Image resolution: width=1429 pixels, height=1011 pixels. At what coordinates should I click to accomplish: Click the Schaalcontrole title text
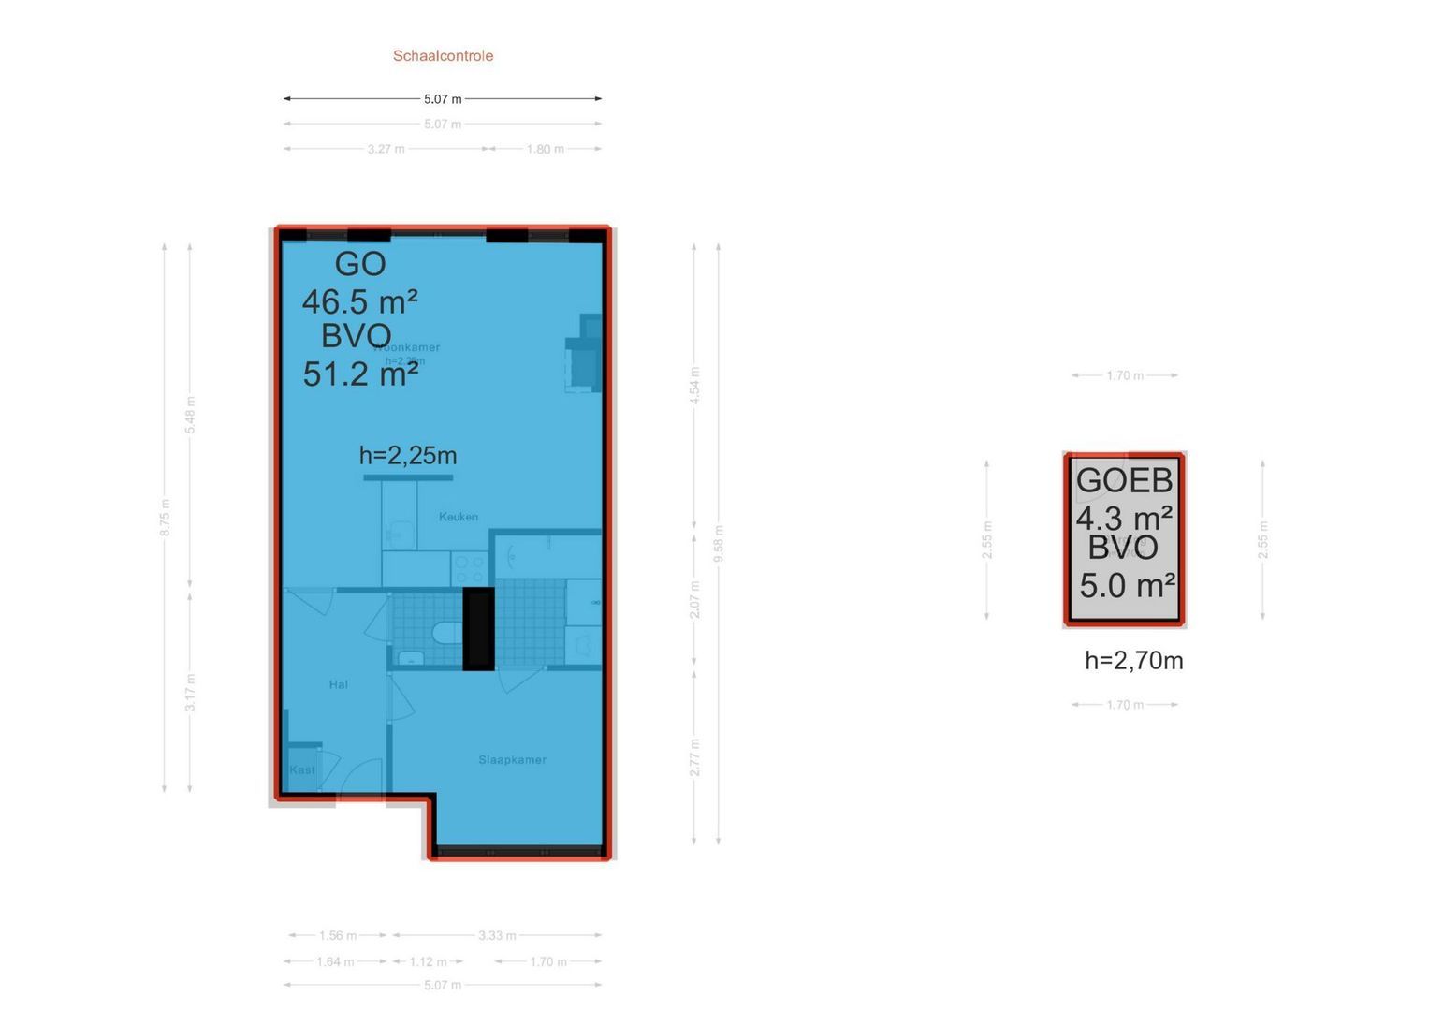pyautogui.click(x=443, y=56)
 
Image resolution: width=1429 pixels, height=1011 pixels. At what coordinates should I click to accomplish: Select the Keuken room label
pyautogui.click(x=458, y=517)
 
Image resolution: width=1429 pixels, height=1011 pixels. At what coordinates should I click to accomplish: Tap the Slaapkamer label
pyautogui.click(x=512, y=760)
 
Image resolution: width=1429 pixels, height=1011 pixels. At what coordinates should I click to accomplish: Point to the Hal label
pyautogui.click(x=339, y=684)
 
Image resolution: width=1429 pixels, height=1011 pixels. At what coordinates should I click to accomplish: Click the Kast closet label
pyautogui.click(x=302, y=770)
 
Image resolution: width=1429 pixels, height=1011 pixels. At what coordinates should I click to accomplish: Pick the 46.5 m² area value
pyautogui.click(x=359, y=301)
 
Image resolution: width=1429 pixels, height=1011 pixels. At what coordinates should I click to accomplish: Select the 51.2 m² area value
pyautogui.click(x=359, y=374)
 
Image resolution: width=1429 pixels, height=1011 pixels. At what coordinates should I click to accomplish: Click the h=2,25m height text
pyautogui.click(x=408, y=456)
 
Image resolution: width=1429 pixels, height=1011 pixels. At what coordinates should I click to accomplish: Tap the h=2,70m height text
pyautogui.click(x=1133, y=661)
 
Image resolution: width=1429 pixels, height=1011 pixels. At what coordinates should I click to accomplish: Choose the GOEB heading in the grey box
pyautogui.click(x=1124, y=481)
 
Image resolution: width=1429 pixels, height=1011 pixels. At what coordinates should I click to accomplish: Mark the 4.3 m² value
pyautogui.click(x=1124, y=518)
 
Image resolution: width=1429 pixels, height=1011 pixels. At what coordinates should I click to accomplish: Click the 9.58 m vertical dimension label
pyautogui.click(x=719, y=544)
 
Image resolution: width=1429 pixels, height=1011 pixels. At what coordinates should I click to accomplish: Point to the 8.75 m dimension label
pyautogui.click(x=165, y=518)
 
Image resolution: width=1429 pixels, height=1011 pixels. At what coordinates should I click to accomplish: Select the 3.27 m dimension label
pyautogui.click(x=386, y=149)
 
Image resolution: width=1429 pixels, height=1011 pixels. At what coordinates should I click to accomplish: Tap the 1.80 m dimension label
pyautogui.click(x=545, y=149)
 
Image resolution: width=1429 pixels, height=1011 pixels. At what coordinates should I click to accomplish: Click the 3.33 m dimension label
pyautogui.click(x=497, y=935)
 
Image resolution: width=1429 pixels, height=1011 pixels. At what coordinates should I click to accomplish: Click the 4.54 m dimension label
pyautogui.click(x=694, y=386)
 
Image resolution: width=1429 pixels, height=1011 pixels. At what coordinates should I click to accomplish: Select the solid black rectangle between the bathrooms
pyautogui.click(x=478, y=629)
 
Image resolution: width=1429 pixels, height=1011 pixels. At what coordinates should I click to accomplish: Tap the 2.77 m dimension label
pyautogui.click(x=694, y=757)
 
